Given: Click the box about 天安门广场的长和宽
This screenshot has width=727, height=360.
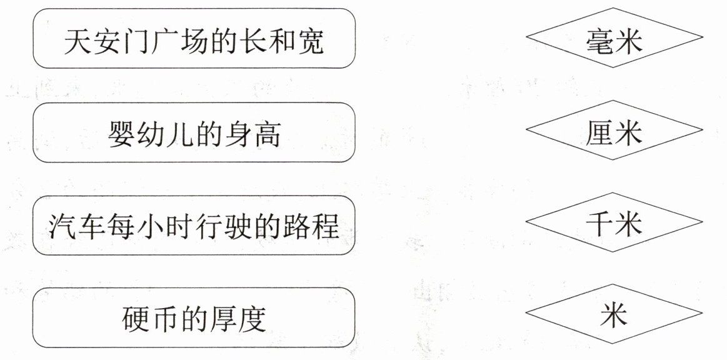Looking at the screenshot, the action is click(194, 38).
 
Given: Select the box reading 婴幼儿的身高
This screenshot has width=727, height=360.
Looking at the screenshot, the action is click(194, 132).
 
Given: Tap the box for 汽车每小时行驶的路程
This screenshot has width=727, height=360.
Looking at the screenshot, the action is click(194, 226).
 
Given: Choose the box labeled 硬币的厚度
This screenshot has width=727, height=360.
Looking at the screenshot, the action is click(194, 317).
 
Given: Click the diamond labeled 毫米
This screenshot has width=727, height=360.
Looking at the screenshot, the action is click(614, 38).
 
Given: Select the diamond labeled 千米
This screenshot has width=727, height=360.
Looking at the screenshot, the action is click(614, 224).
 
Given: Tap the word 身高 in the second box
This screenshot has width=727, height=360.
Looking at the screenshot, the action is click(254, 134).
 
